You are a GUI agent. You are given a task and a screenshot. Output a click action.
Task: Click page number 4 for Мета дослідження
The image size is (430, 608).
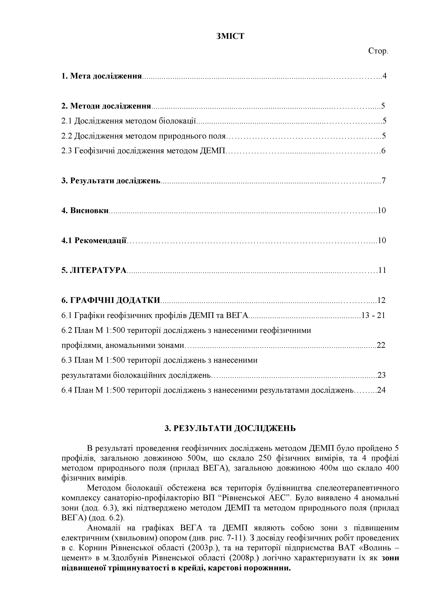(x=384, y=76)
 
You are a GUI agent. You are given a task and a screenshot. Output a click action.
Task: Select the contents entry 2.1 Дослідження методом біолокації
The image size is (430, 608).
(x=128, y=121)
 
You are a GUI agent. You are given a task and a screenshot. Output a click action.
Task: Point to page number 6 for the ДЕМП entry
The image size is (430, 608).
(x=383, y=151)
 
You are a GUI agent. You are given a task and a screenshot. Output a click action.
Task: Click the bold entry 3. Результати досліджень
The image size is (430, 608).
(x=111, y=181)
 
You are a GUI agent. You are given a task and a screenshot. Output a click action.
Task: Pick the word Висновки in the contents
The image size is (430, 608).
(x=89, y=210)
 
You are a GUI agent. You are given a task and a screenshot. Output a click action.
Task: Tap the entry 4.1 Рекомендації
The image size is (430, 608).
(x=94, y=240)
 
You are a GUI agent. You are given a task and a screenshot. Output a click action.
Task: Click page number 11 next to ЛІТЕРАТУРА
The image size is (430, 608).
(x=382, y=270)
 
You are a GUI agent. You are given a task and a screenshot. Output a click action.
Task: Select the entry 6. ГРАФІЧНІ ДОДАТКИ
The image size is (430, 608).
(x=111, y=300)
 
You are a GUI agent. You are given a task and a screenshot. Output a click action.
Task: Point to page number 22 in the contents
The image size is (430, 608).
(x=381, y=345)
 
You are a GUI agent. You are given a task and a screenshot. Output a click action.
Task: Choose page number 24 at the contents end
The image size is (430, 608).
(x=381, y=390)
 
